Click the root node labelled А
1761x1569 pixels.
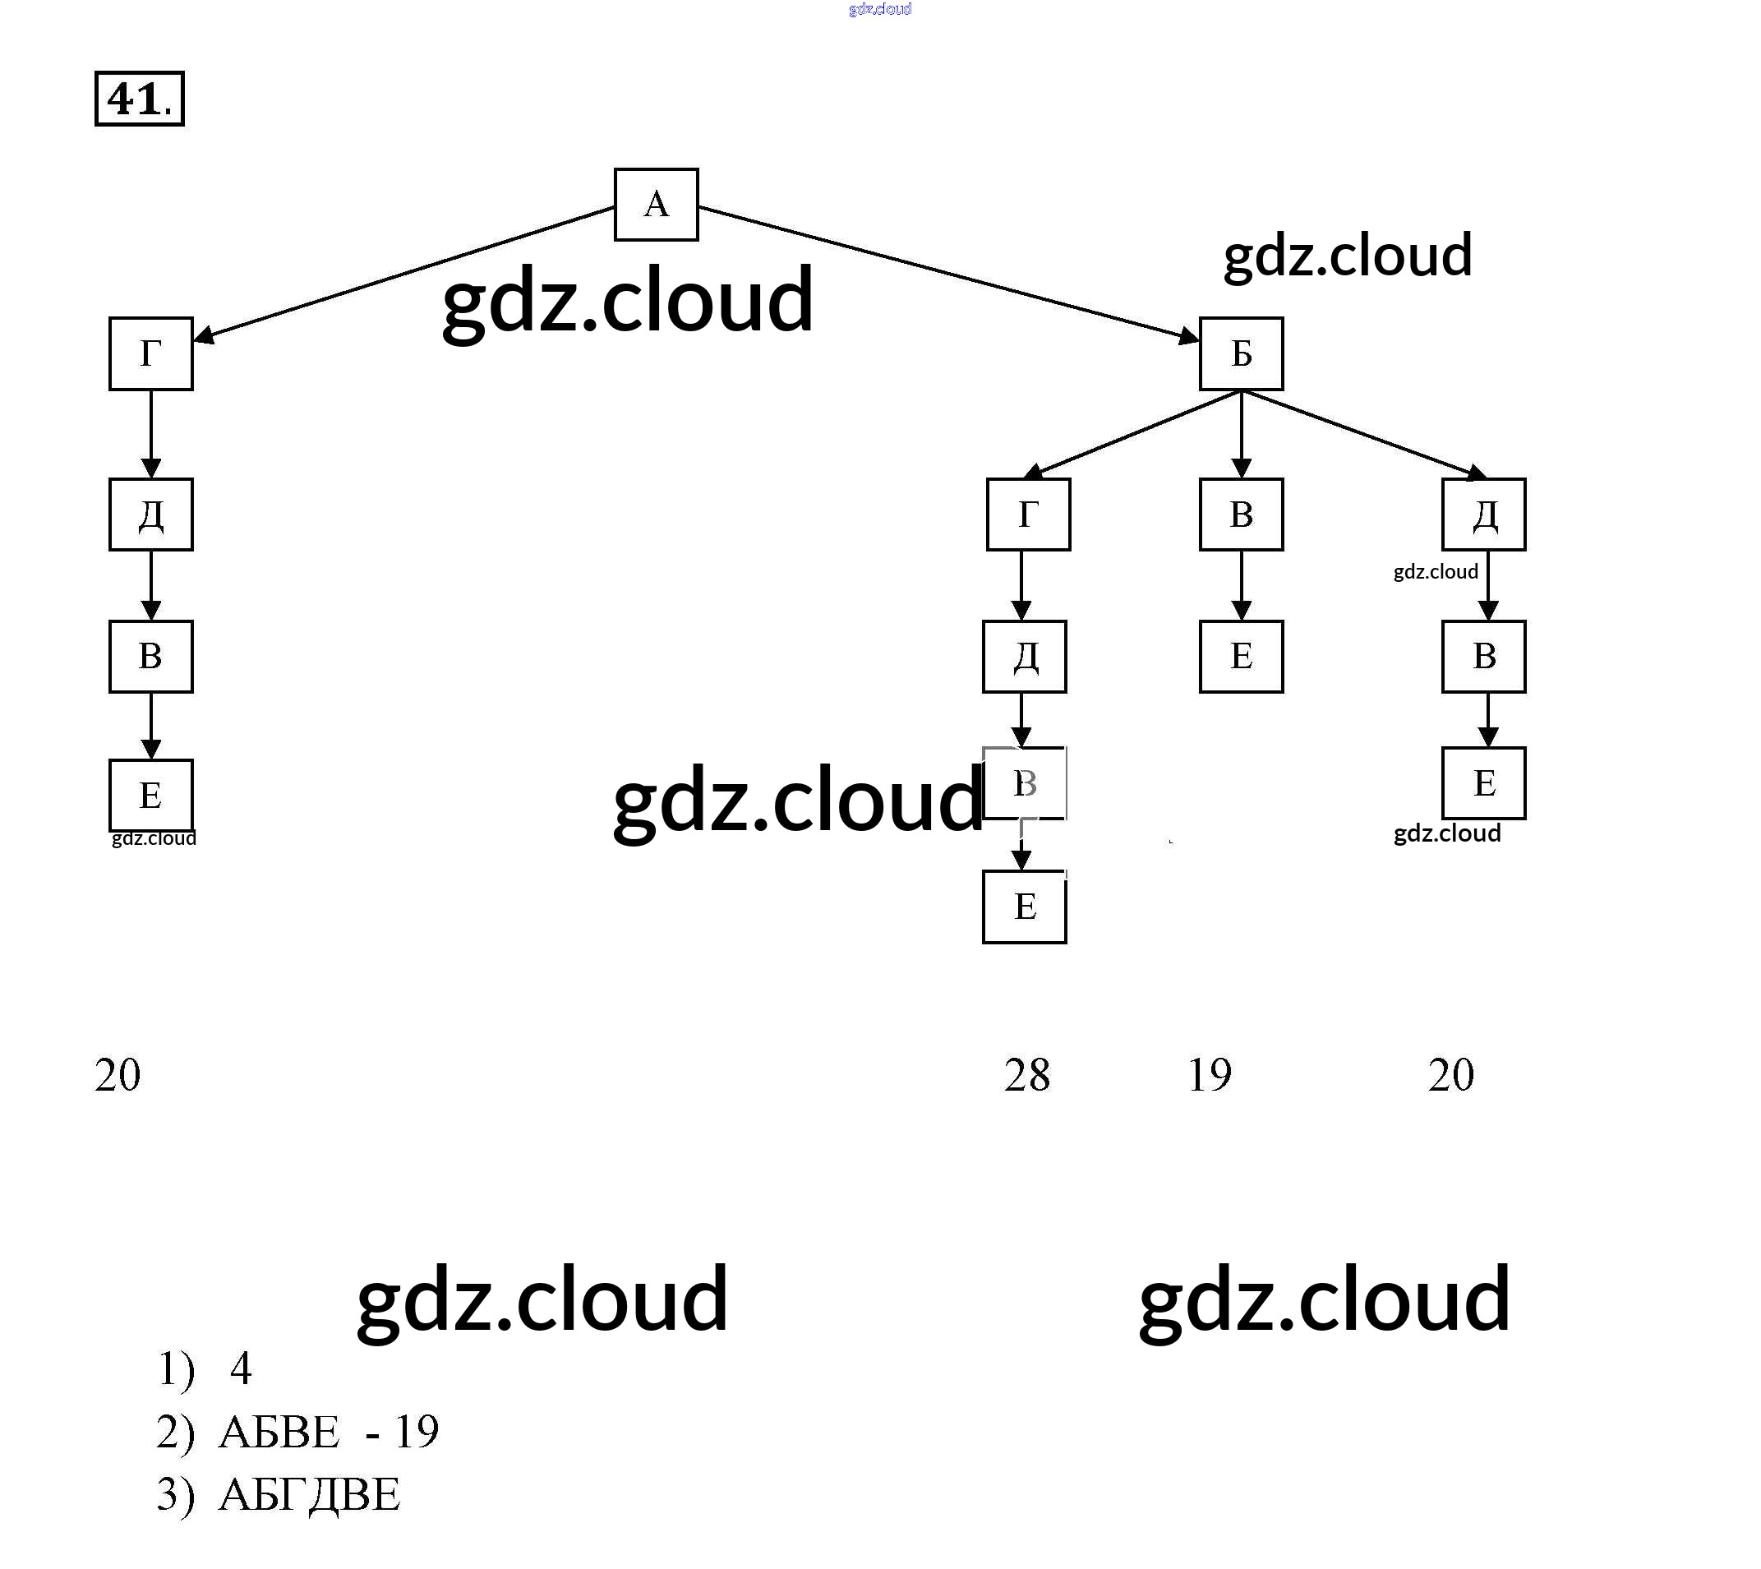pyautogui.click(x=656, y=205)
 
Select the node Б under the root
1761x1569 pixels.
pyautogui.click(x=1240, y=353)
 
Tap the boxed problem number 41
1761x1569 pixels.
pyautogui.click(x=139, y=99)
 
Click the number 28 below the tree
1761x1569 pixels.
pyautogui.click(x=1026, y=1075)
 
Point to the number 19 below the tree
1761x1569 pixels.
pyautogui.click(x=1210, y=1075)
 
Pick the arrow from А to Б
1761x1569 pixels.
pyautogui.click(x=948, y=271)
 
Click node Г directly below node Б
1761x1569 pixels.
pyautogui.click(x=1027, y=515)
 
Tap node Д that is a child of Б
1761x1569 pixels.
pyautogui.click(x=1483, y=515)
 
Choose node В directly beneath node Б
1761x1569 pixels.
pyautogui.click(x=1240, y=515)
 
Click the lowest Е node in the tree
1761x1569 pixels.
pyautogui.click(x=1024, y=907)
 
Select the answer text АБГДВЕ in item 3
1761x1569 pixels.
pyautogui.click(x=310, y=1494)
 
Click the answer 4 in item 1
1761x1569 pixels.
pyautogui.click(x=241, y=1368)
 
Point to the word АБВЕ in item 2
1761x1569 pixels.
pyautogui.click(x=279, y=1432)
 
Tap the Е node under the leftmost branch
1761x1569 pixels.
pyautogui.click(x=151, y=795)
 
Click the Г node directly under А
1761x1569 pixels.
pyautogui.click(x=151, y=353)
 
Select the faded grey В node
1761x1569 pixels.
pyautogui.click(x=1024, y=783)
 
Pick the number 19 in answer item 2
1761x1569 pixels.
pyautogui.click(x=417, y=1432)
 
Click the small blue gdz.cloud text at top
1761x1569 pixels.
pyautogui.click(x=879, y=10)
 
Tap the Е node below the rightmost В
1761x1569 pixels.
pyautogui.click(x=1483, y=783)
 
